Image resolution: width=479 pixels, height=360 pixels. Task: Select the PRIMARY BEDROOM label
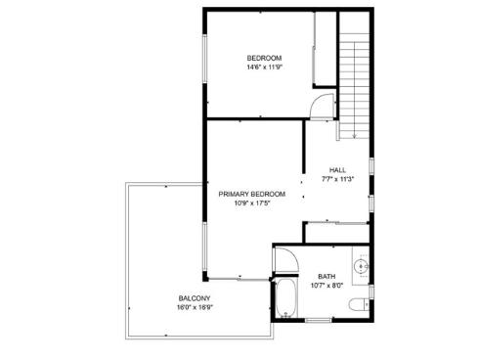[x=252, y=194]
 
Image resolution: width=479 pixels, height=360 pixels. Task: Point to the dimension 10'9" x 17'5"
[x=252, y=203]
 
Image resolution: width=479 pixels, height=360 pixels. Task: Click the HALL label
[x=337, y=169]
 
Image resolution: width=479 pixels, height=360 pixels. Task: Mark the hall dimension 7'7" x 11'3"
[x=337, y=179]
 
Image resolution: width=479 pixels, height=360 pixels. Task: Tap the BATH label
[x=326, y=277]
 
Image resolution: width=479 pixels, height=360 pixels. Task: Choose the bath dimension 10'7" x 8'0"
[x=326, y=287]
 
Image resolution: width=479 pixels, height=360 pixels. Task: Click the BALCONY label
[x=194, y=297]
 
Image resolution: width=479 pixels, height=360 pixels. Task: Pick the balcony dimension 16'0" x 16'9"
[x=194, y=307]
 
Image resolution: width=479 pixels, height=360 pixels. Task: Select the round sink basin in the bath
[x=362, y=265]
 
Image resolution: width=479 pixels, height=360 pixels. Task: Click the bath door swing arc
[x=283, y=259]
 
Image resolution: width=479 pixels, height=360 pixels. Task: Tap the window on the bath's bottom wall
[x=320, y=320]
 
